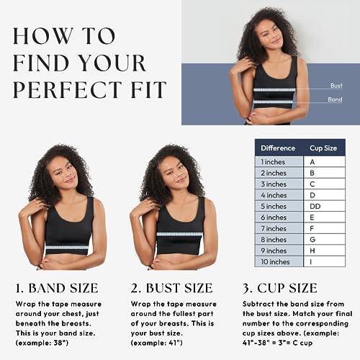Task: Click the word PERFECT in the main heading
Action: (x=68, y=90)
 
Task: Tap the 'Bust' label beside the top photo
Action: (x=336, y=86)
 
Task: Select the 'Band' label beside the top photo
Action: (x=335, y=99)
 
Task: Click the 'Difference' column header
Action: (x=278, y=148)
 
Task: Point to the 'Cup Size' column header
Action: (x=323, y=148)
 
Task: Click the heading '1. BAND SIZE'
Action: (x=57, y=288)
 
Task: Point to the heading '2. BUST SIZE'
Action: (x=172, y=288)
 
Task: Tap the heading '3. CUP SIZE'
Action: (x=280, y=288)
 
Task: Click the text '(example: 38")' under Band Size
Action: (x=42, y=343)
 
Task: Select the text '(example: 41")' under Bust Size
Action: (x=156, y=343)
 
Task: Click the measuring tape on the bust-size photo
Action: (x=179, y=234)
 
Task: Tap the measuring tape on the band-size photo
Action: (x=67, y=248)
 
